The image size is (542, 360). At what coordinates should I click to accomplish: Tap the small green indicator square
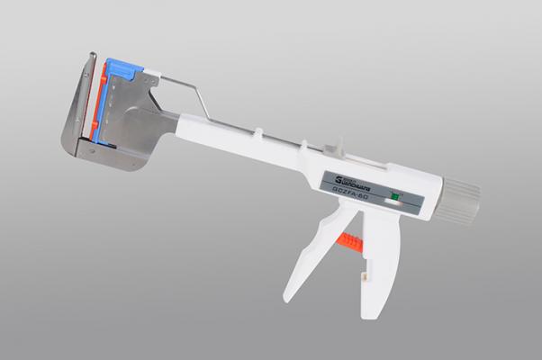(393, 194)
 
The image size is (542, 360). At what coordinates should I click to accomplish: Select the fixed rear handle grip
(378, 270)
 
